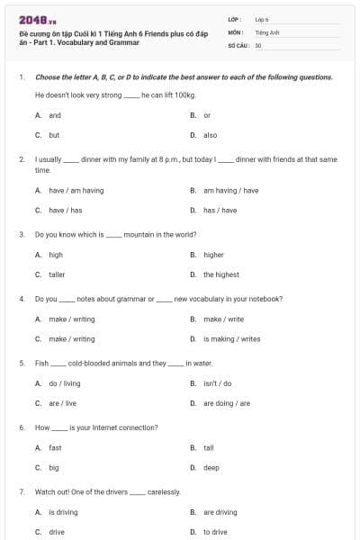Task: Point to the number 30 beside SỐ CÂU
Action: pyautogui.click(x=258, y=44)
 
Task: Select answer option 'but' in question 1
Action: pyautogui.click(x=54, y=135)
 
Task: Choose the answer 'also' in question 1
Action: pyautogui.click(x=210, y=135)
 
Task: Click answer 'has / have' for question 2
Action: pyautogui.click(x=220, y=211)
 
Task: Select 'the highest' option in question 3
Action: pyautogui.click(x=220, y=274)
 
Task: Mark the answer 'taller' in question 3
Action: pyautogui.click(x=57, y=274)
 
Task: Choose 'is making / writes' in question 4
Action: pyautogui.click(x=231, y=338)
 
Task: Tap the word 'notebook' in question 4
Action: pyautogui.click(x=264, y=298)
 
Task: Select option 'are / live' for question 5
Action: pyautogui.click(x=63, y=403)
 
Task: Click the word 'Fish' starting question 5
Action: pyautogui.click(x=41, y=363)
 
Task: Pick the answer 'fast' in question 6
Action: pyautogui.click(x=55, y=447)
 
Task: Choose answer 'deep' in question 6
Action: pyautogui.click(x=211, y=468)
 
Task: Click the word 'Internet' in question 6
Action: pyautogui.click(x=106, y=427)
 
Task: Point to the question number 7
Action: pyautogui.click(x=21, y=491)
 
